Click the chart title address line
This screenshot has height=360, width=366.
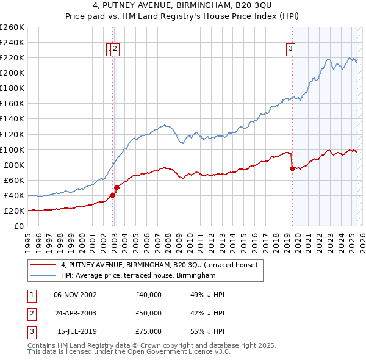pyautogui.click(x=182, y=7)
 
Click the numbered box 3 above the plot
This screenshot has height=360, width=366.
pyautogui.click(x=291, y=49)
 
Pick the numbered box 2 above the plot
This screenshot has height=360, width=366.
pyautogui.click(x=115, y=49)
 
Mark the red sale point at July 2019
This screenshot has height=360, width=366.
pyautogui.click(x=292, y=169)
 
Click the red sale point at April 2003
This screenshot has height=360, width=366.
pyautogui.click(x=117, y=188)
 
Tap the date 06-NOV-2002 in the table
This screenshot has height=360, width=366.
pyautogui.click(x=76, y=295)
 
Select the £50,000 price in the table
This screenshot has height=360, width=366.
pyautogui.click(x=149, y=313)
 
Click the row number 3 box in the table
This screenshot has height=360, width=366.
pyautogui.click(x=30, y=331)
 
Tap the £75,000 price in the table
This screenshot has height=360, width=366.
pyautogui.click(x=149, y=331)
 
